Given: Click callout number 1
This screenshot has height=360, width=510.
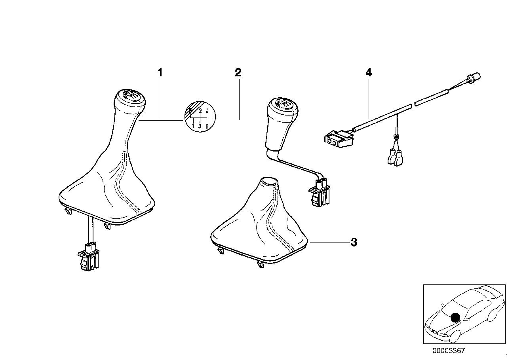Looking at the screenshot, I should point(160,73).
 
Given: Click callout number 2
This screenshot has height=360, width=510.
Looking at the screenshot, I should point(238,72).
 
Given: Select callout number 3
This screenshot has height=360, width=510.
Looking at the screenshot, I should point(354,242).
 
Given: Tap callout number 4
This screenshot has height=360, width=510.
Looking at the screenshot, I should point(369,72).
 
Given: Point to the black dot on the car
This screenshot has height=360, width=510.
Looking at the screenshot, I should point(455,317).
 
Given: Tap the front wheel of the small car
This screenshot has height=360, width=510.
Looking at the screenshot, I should point(454,335).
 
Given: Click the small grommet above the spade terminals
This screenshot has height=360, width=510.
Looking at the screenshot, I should point(395,136).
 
